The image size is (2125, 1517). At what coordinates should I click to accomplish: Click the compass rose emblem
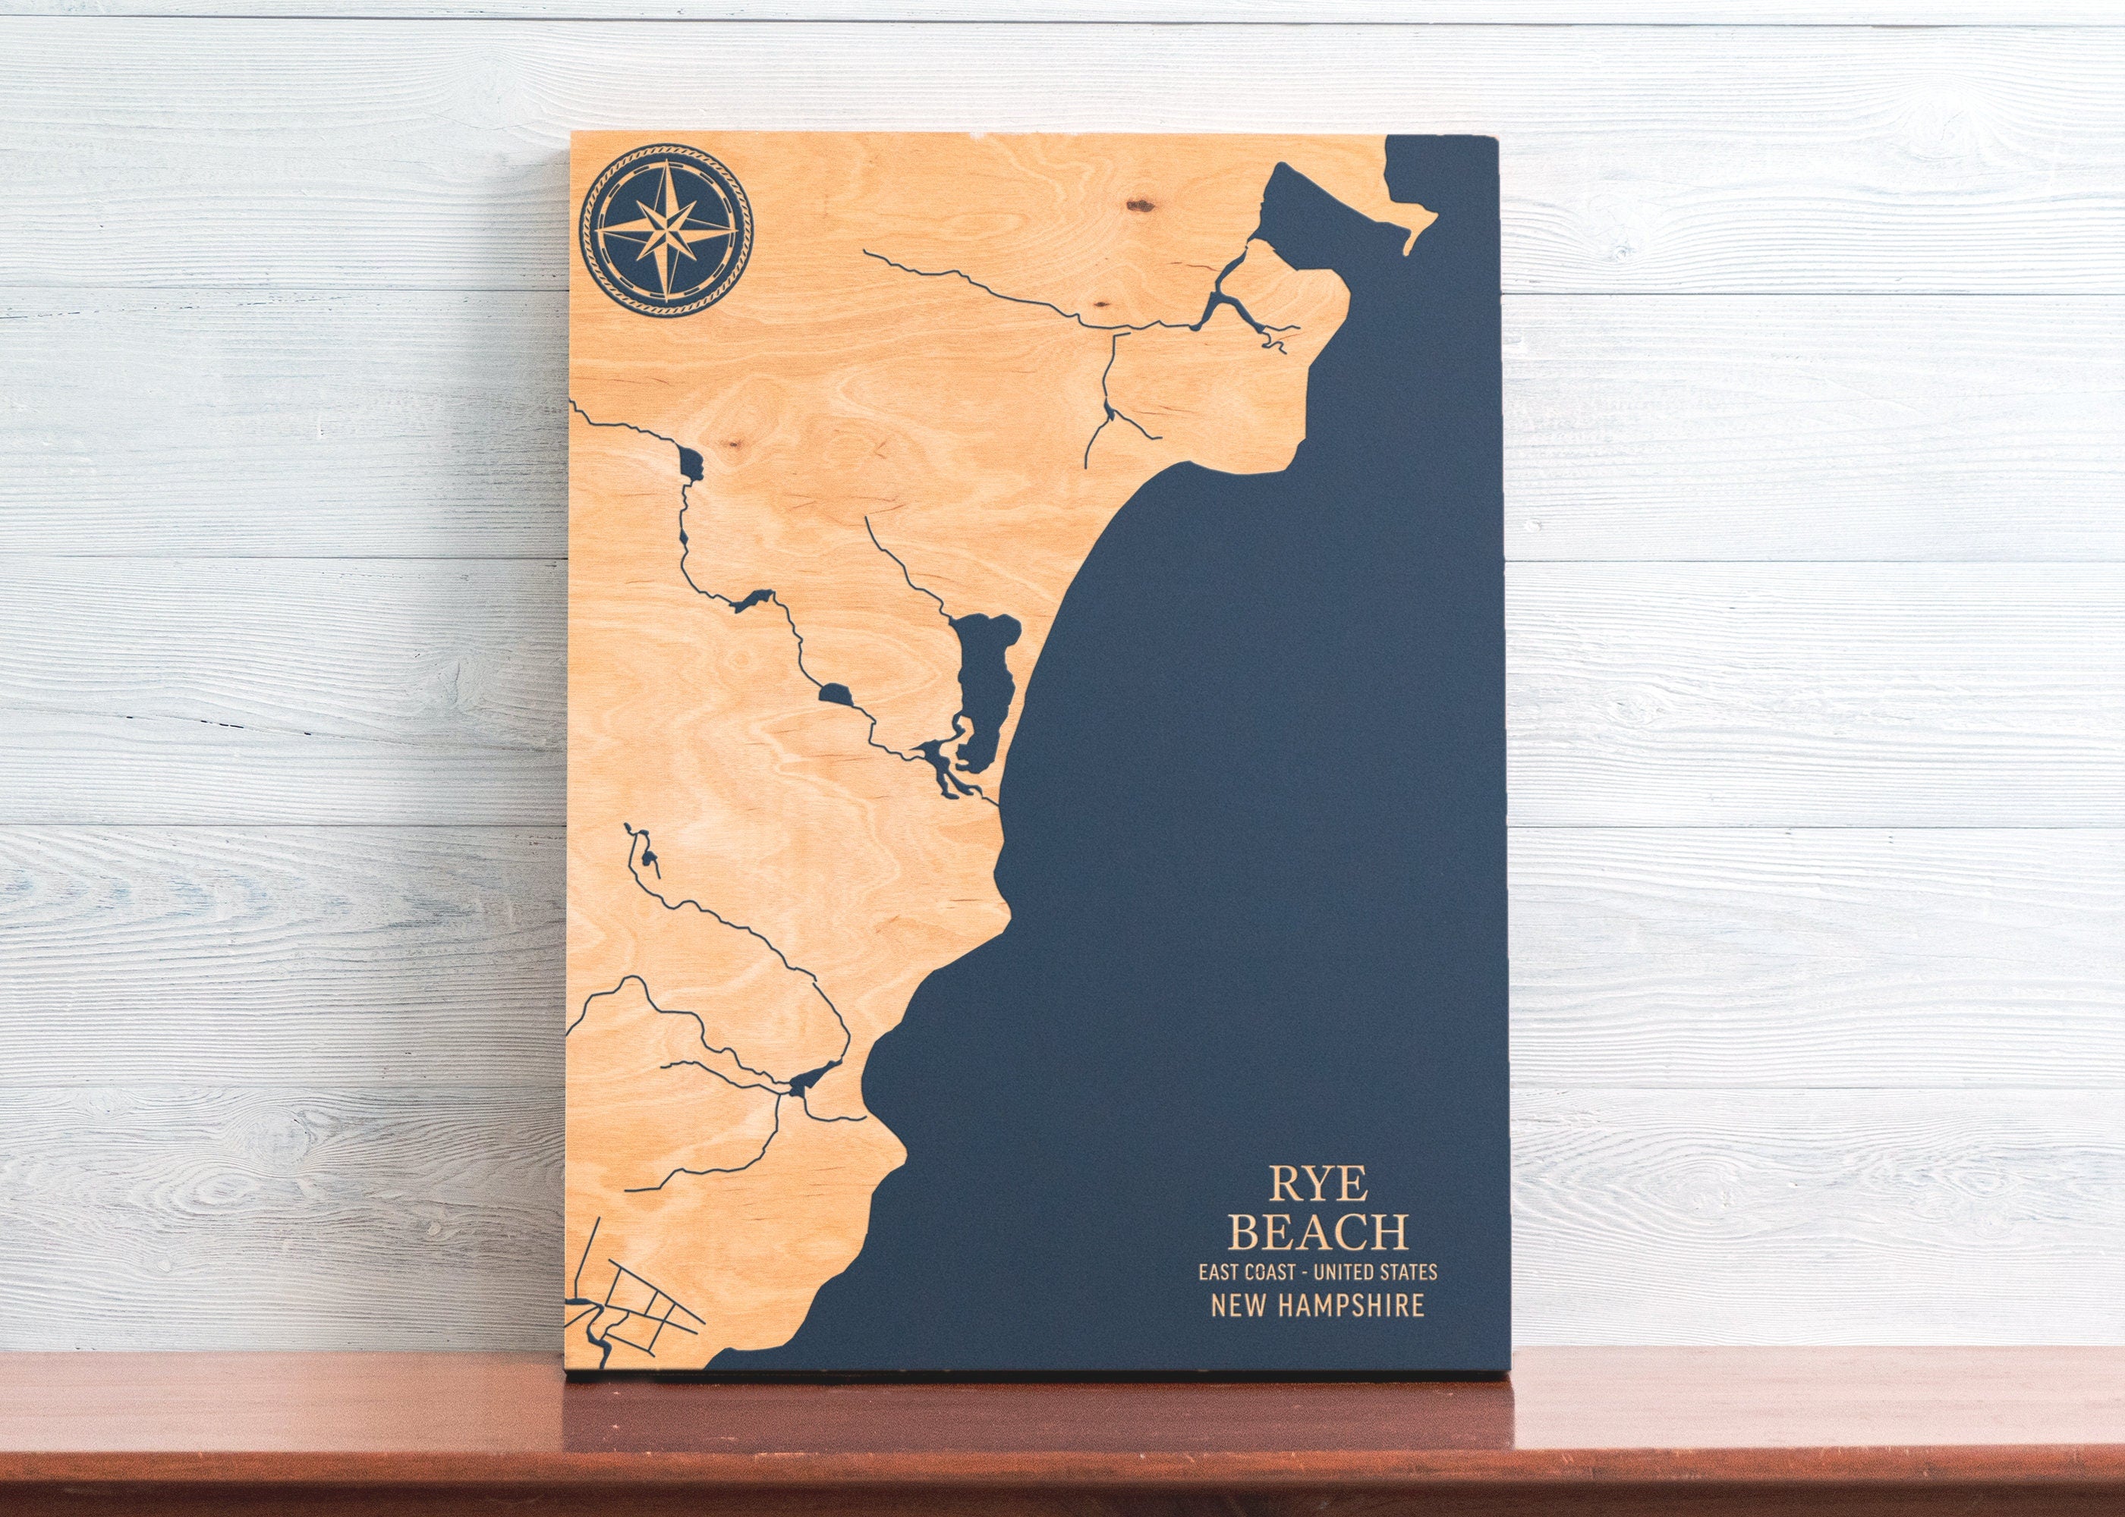click(x=666, y=228)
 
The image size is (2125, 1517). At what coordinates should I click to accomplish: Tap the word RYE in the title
click(x=1317, y=1183)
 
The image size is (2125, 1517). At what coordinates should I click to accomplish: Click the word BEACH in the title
click(x=1318, y=1232)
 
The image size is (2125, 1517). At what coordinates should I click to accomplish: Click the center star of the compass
click(x=666, y=228)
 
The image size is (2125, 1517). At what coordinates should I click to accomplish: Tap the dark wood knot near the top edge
click(x=1139, y=203)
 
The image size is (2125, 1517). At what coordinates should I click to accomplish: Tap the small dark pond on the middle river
click(x=835, y=694)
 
